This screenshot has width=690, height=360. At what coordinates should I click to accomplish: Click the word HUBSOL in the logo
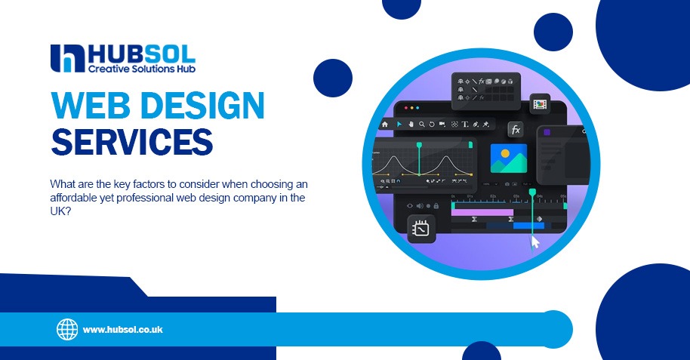142,54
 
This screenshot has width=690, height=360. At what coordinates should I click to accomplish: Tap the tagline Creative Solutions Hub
142,69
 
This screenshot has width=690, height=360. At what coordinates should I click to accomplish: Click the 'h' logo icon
67,58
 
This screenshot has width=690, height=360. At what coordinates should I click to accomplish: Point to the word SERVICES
132,142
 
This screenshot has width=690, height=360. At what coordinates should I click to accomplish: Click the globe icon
67,329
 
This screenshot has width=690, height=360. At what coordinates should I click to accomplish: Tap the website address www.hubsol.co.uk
123,330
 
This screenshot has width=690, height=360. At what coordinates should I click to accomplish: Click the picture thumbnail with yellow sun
509,158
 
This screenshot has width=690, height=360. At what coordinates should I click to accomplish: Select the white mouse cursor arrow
535,242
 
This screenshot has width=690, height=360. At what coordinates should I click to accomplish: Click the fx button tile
516,130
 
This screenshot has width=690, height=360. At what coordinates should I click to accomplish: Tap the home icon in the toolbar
384,125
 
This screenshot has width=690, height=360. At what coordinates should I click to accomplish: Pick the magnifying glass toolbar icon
421,125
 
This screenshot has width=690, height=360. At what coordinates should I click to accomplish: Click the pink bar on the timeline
482,213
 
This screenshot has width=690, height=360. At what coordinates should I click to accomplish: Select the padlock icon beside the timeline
436,205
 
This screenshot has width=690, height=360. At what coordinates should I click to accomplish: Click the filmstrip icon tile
540,104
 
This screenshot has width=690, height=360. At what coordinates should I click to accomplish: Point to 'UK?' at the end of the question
60,211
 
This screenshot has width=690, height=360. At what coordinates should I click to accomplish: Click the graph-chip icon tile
421,229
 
